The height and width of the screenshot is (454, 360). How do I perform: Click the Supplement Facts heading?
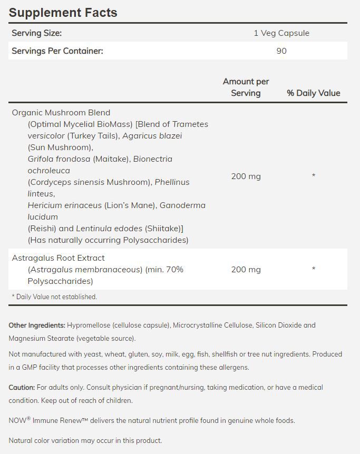[x=63, y=13]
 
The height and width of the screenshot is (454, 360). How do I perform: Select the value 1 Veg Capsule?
[x=281, y=33]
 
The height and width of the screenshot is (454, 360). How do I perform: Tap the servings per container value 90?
[x=281, y=51]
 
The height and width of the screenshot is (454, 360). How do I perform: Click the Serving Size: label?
[x=37, y=33]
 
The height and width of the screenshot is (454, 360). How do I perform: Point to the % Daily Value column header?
[x=313, y=93]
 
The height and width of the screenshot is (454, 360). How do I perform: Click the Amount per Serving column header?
[x=246, y=87]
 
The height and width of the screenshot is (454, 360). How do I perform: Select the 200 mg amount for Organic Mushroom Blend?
[x=246, y=176]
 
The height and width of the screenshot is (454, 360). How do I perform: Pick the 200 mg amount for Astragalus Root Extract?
[x=246, y=270]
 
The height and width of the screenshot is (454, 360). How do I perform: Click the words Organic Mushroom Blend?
[x=61, y=113]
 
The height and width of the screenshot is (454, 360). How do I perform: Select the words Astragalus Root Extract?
[x=59, y=258]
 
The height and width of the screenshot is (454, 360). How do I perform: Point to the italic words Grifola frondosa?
[x=59, y=159]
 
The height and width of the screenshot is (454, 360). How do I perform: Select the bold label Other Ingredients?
[x=37, y=325]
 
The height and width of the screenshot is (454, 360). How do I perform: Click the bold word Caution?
[x=22, y=388]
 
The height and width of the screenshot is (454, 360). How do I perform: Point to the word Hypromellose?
[x=90, y=325]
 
